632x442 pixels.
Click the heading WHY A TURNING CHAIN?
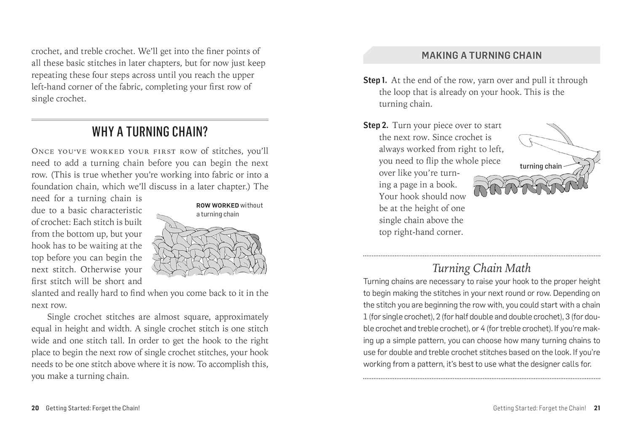[x=150, y=132]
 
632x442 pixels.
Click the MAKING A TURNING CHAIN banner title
[x=481, y=56]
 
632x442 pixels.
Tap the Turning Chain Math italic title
[x=481, y=268]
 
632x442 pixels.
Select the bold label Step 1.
[x=375, y=80]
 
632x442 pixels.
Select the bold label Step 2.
[x=375, y=125]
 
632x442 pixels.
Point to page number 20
[x=35, y=408]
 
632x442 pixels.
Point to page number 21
[x=597, y=408]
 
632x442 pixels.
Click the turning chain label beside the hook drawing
[x=541, y=166]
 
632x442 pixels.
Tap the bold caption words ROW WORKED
[x=217, y=205]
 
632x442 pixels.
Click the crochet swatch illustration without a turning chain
[x=209, y=248]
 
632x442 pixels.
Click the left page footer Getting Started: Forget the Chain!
[x=93, y=408]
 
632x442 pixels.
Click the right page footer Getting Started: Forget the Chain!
[x=539, y=408]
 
